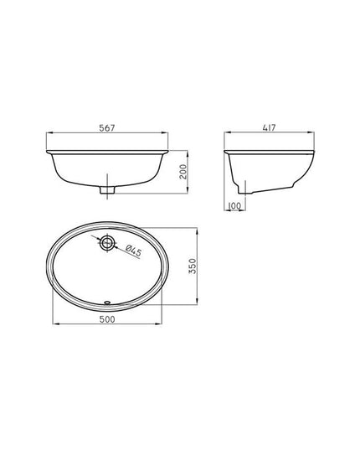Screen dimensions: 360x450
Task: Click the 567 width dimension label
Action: pyautogui.click(x=107, y=128)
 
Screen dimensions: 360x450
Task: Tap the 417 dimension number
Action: pyautogui.click(x=269, y=127)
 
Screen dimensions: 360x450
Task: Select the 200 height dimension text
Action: pyautogui.click(x=183, y=172)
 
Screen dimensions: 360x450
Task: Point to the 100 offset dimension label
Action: pyautogui.click(x=234, y=206)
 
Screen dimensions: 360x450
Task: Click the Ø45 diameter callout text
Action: pyautogui.click(x=133, y=251)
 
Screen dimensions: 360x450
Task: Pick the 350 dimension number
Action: pyautogui.click(x=193, y=266)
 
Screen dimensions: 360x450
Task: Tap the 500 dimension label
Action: pyautogui.click(x=107, y=319)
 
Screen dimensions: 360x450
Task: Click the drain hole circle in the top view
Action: pyautogui.click(x=107, y=243)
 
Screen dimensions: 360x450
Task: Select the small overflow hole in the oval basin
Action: pyautogui.click(x=107, y=302)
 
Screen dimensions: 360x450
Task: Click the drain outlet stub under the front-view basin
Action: pyautogui.click(x=107, y=189)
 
